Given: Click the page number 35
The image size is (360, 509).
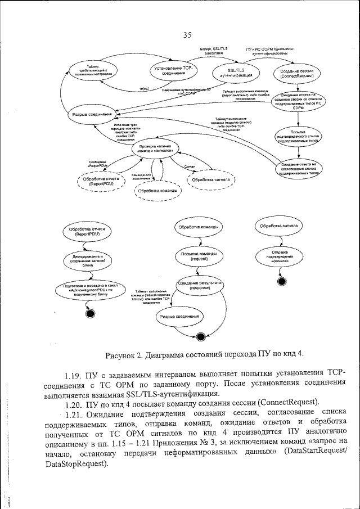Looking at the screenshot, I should click(187, 35).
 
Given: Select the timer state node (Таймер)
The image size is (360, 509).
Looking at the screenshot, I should click(93, 70).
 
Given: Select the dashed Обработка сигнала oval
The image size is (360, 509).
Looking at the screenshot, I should click(210, 180).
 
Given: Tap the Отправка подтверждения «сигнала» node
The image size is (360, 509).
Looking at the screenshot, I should click(276, 257).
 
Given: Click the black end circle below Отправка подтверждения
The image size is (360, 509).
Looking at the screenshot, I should click(278, 280).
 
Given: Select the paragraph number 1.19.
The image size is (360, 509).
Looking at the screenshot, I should click(73, 374).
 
